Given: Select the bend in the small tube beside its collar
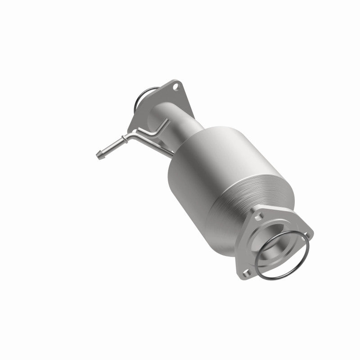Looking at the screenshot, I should coord(131,135).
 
